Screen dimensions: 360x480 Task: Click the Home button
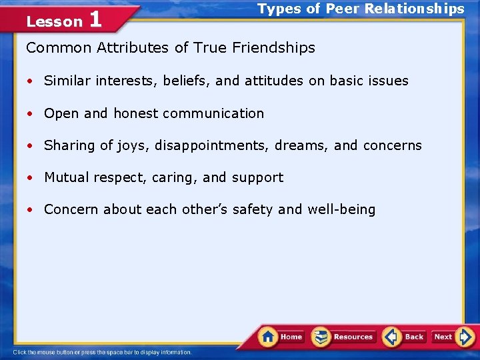pyautogui.click(x=281, y=337)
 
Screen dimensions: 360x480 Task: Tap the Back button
pyautogui.click(x=405, y=337)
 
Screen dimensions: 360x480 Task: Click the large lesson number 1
pyautogui.click(x=95, y=19)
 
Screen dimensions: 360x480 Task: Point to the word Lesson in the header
pyautogui.click(x=54, y=22)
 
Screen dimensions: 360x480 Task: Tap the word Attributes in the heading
pyautogui.click(x=129, y=48)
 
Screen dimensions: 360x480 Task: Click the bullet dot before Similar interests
pyautogui.click(x=31, y=81)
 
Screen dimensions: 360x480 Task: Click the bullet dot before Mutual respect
pyautogui.click(x=31, y=178)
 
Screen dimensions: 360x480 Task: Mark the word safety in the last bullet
pyautogui.click(x=253, y=209)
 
